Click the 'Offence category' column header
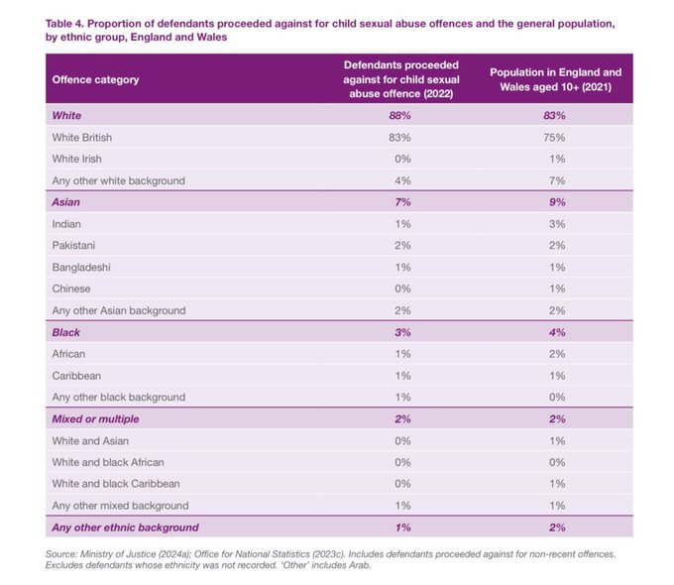point(95,79)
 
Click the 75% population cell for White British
point(554,138)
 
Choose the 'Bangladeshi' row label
point(83,267)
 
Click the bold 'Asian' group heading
point(67,202)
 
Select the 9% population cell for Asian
point(554,202)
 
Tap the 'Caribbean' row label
point(78,376)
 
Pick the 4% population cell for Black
point(554,332)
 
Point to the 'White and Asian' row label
point(90,440)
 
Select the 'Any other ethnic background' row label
point(125,527)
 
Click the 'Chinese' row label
point(71,289)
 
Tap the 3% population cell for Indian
point(554,224)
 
